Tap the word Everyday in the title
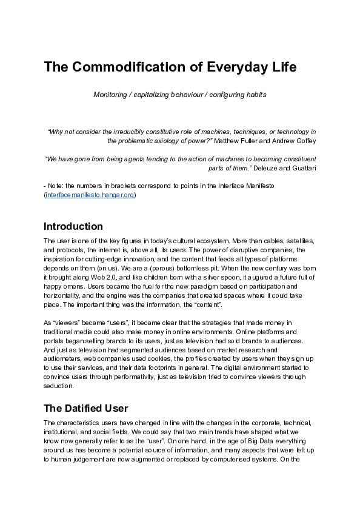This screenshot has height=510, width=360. coord(232,67)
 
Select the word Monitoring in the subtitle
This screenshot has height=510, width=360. coord(110,95)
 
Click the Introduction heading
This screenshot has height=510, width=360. coord(73,227)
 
